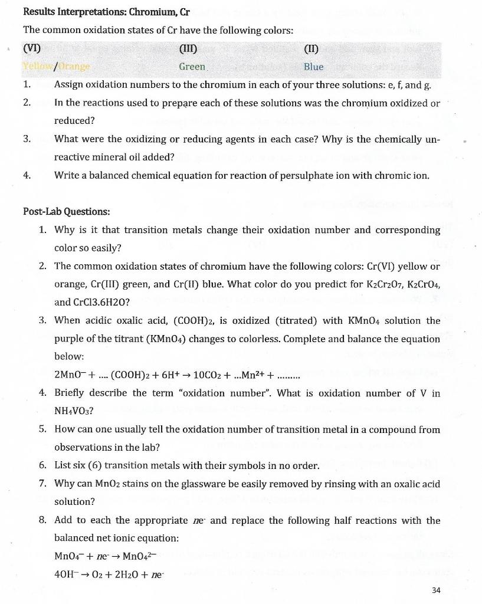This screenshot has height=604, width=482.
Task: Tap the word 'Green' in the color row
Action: click(192, 67)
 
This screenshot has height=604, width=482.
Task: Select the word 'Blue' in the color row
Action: click(313, 67)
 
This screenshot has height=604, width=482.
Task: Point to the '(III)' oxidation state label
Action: click(188, 49)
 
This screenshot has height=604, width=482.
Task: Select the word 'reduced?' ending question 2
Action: click(74, 120)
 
